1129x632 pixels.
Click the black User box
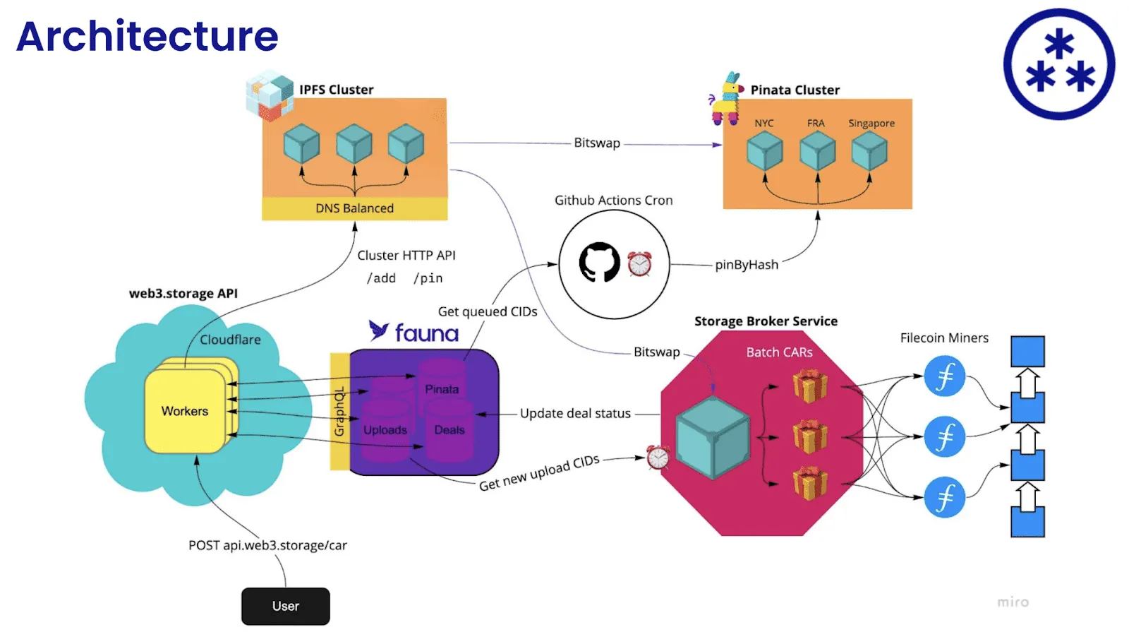[285, 606]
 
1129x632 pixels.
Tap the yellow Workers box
[185, 411]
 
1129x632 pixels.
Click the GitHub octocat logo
[599, 263]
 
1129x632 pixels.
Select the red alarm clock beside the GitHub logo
[639, 263]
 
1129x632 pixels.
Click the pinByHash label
[746, 265]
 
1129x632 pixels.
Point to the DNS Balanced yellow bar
[354, 208]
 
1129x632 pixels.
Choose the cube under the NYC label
[764, 151]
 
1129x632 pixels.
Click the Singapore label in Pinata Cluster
[871, 124]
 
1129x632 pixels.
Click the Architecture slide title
[147, 37]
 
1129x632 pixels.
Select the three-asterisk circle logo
[1058, 64]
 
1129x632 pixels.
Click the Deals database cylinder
[449, 429]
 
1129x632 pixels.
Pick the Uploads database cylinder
[385, 429]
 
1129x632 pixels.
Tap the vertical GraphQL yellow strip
[339, 412]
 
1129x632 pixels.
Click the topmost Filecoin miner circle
[944, 376]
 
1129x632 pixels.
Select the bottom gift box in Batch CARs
[809, 483]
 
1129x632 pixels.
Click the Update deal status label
[575, 414]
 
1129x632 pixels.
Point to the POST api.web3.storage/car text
[267, 545]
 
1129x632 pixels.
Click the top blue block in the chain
[1027, 351]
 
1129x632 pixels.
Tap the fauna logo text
[425, 333]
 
